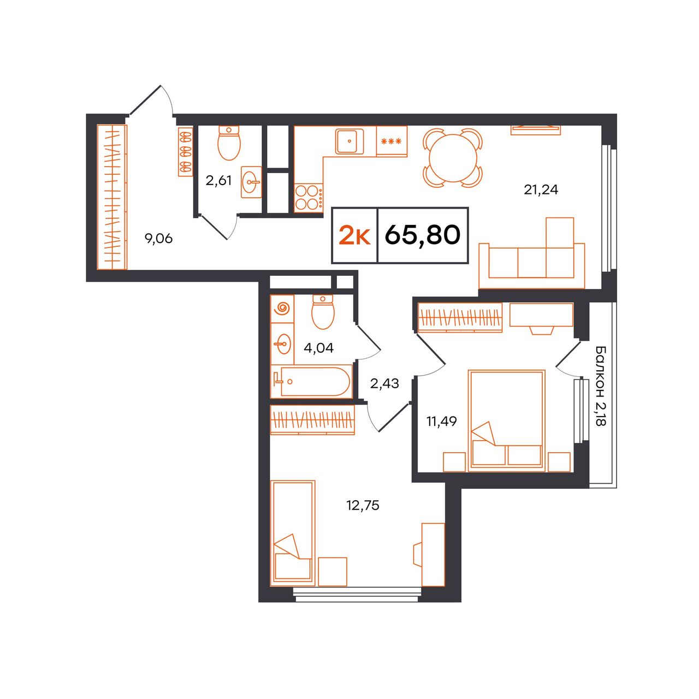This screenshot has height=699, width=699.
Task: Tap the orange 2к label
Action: tap(354, 235)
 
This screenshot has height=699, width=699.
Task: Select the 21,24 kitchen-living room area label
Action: tap(541, 189)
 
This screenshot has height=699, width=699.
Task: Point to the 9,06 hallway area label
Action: tap(158, 239)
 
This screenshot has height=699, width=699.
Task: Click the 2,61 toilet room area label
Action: tap(218, 180)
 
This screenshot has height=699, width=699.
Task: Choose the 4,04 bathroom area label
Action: tap(318, 348)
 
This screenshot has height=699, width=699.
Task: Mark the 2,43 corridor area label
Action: tap(384, 383)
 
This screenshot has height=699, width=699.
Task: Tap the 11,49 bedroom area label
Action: tap(441, 422)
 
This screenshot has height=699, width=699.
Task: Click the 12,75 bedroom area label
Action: tap(363, 505)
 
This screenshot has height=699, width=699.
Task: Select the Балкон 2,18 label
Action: tap(601, 386)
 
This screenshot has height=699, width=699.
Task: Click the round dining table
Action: tap(453, 158)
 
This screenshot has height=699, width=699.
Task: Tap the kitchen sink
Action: tap(349, 141)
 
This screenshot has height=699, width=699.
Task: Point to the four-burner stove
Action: tap(309, 197)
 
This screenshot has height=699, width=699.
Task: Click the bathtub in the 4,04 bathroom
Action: tap(311, 382)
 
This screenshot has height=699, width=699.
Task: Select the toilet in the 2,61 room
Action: tap(229, 143)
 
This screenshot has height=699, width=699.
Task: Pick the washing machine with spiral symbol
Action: tap(282, 309)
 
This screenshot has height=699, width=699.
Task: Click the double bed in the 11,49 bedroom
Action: tap(507, 421)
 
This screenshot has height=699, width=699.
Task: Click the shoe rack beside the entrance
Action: tap(185, 151)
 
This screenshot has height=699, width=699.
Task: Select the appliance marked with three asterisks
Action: tap(392, 141)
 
